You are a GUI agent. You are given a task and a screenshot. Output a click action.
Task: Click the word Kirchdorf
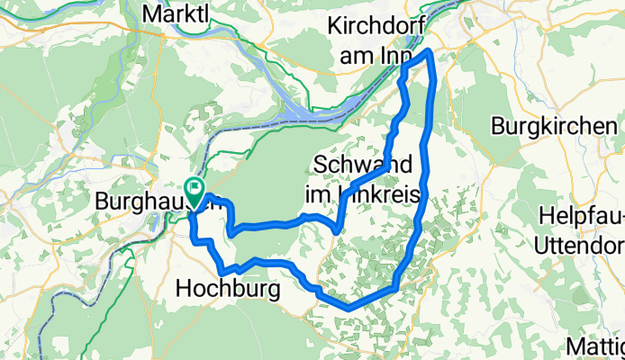pos(381,24)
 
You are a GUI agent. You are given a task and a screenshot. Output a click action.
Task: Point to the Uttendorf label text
pos(580,245)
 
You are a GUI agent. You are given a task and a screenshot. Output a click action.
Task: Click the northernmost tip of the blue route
pos(430,52)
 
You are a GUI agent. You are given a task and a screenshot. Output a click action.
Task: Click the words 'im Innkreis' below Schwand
pos(365,193)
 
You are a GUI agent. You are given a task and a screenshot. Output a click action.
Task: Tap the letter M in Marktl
pos(151,15)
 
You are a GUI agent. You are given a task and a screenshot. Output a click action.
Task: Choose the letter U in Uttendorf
pos(541,245)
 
